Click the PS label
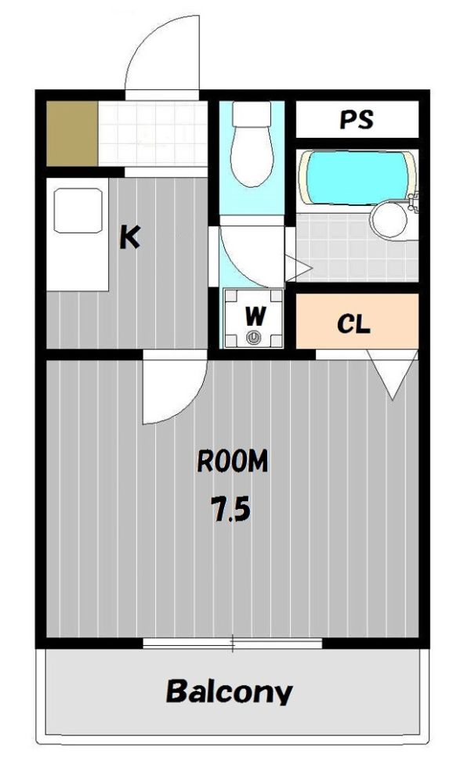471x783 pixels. (357, 120)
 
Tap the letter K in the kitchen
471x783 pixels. (129, 237)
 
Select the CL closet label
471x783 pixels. (353, 324)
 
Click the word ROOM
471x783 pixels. (233, 461)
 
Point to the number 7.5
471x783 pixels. (230, 509)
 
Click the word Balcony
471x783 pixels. (229, 691)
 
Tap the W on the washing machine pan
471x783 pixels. (255, 316)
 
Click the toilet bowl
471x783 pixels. (252, 156)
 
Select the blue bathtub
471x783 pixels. (357, 178)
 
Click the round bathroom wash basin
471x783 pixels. (389, 218)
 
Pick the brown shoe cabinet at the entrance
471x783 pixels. (72, 134)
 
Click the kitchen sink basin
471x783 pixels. (78, 210)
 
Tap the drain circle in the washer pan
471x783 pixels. (254, 337)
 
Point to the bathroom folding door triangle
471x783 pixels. (296, 268)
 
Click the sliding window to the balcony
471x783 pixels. (233, 643)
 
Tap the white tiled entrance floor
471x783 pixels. (153, 133)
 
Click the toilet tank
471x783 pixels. (252, 114)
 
